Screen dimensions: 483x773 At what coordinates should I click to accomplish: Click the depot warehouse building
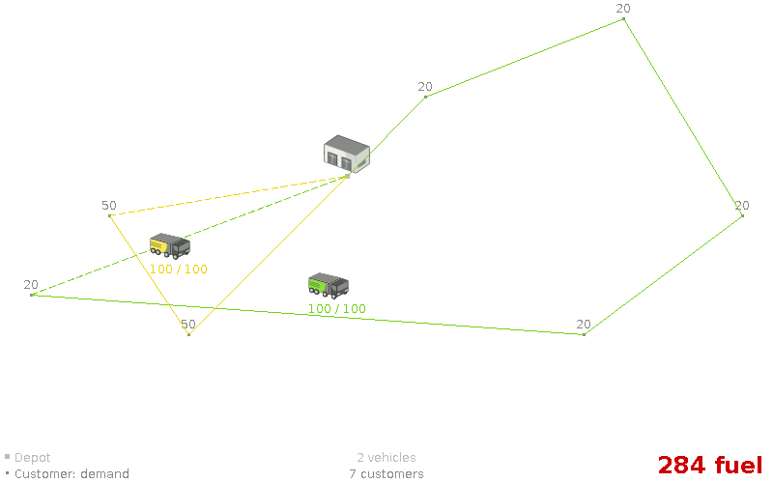click(346, 154)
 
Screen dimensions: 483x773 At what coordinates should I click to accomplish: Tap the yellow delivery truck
click(169, 245)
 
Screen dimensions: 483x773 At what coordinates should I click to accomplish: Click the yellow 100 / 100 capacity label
click(179, 270)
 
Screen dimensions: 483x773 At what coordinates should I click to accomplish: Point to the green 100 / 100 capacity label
click(337, 309)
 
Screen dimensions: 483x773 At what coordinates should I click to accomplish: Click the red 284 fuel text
click(710, 465)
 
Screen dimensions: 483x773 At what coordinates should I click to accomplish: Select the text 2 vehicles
click(386, 458)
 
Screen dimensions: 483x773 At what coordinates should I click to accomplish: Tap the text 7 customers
click(386, 474)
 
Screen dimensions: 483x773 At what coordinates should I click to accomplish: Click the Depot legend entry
click(32, 458)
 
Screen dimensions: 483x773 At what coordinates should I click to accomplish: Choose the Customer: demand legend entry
click(71, 474)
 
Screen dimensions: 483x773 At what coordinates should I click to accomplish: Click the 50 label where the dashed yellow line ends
click(108, 206)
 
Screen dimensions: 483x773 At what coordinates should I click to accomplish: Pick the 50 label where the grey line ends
click(187, 325)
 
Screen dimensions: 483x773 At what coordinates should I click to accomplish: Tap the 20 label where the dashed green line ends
click(31, 285)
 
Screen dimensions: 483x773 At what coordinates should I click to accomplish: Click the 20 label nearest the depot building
click(425, 87)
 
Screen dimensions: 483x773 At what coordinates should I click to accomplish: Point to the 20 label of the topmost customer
click(623, 9)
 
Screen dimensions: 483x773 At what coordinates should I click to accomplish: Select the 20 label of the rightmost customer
click(741, 206)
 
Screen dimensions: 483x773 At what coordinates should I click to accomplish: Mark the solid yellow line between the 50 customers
click(149, 275)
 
